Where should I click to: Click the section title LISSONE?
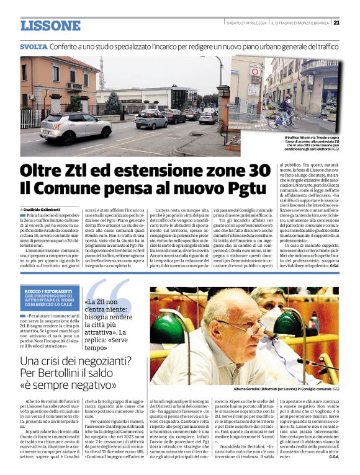pyautogui.click(x=50, y=26)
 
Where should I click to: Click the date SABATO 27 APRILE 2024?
pyautogui.click(x=246, y=23)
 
